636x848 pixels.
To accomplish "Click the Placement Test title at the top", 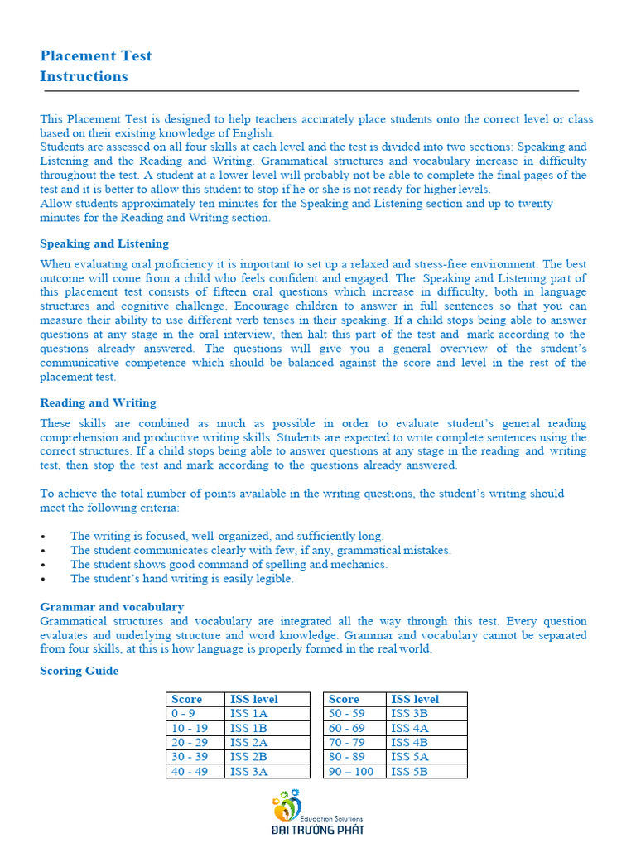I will pyautogui.click(x=96, y=56).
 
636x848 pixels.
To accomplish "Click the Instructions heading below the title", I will pyautogui.click(x=84, y=77).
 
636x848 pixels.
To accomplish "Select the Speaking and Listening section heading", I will pyautogui.click(x=104, y=243).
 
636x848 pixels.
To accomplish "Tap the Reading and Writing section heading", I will pyautogui.click(x=98, y=402).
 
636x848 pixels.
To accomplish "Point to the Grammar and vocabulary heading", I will pyautogui.click(x=112, y=607).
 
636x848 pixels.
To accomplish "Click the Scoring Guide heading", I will pyautogui.click(x=79, y=671).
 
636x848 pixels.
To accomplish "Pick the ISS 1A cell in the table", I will pyautogui.click(x=248, y=714).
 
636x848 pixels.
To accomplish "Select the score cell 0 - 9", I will pyautogui.click(x=185, y=714).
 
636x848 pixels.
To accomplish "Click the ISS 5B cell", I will pyautogui.click(x=409, y=772).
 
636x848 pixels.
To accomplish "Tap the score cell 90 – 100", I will pyautogui.click(x=351, y=772).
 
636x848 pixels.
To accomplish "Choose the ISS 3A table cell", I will pyautogui.click(x=248, y=772).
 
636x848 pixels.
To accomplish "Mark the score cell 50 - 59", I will pyautogui.click(x=346, y=714).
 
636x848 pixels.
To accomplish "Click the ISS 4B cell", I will pyautogui.click(x=409, y=743).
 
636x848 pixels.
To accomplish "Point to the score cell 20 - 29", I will pyautogui.click(x=190, y=743).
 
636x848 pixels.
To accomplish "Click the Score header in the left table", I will pyautogui.click(x=186, y=700).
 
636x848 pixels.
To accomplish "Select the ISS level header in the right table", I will pyautogui.click(x=415, y=700).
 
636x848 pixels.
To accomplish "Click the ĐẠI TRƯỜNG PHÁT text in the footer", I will pyautogui.click(x=318, y=829).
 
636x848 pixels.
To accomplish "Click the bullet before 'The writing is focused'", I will pyautogui.click(x=43, y=537).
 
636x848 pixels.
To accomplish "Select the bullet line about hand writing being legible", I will pyautogui.click(x=181, y=579).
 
